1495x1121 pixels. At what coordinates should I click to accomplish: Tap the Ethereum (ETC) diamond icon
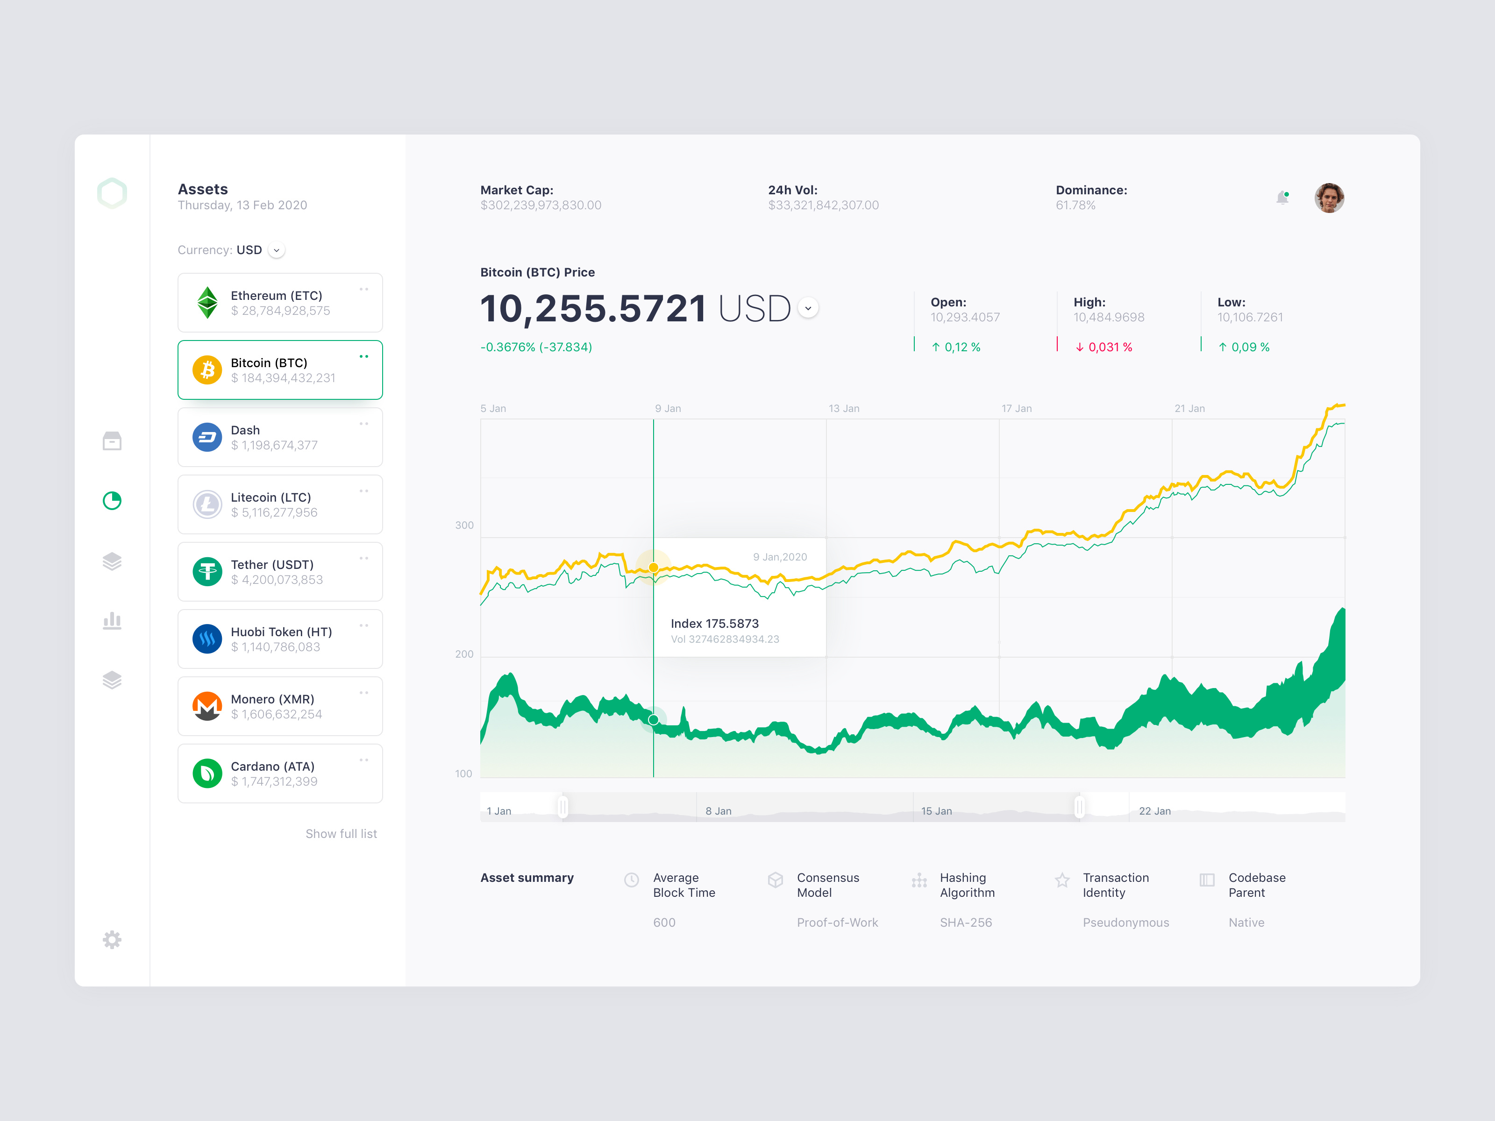coord(207,302)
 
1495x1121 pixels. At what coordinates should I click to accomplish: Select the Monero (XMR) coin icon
coord(207,706)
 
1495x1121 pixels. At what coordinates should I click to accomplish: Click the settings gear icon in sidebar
coord(112,939)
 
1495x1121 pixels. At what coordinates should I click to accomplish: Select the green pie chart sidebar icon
coord(112,501)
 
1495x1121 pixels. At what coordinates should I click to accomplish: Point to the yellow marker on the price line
coord(654,568)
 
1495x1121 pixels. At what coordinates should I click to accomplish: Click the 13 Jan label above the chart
coord(844,408)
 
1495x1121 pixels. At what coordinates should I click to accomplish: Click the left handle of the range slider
coord(563,807)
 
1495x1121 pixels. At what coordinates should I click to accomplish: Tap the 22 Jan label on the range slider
coord(1154,811)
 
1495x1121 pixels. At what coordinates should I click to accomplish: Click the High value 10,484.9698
coord(1109,318)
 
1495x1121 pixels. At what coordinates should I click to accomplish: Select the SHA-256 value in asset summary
coord(966,922)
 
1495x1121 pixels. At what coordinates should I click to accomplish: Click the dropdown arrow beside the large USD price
coord(808,308)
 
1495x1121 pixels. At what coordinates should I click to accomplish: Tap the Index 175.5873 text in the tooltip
coord(714,624)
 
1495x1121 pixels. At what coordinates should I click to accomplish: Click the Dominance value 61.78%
coord(1075,206)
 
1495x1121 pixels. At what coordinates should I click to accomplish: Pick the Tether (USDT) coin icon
coord(207,572)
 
